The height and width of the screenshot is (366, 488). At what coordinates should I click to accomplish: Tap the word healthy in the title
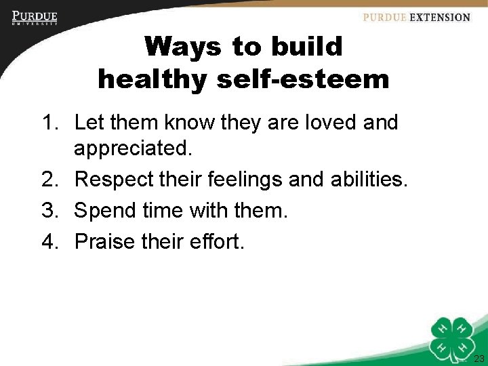point(153,80)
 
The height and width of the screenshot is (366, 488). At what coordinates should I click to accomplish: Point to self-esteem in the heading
point(303,80)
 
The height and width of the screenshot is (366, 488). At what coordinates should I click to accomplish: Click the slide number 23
point(479,359)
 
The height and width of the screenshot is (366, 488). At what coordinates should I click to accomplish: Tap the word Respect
point(115,180)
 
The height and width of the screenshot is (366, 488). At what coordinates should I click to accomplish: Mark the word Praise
point(107,241)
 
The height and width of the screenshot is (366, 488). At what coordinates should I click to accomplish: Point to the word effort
point(215,241)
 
